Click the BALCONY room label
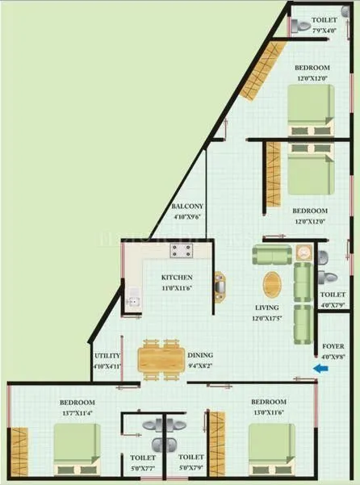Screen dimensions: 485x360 point(187,206)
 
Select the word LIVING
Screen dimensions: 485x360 point(266,307)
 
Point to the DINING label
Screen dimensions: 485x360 point(201,354)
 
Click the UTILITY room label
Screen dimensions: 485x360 point(107,355)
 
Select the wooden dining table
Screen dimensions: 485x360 point(161,359)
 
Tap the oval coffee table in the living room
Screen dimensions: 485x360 point(273,284)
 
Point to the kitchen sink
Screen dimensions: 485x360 point(134,306)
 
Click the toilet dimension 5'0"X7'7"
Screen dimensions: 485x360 point(143,466)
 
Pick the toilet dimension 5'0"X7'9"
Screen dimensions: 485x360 point(192,466)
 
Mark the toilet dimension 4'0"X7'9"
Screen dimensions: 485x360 point(333,305)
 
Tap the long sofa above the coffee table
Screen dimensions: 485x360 point(273,256)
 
